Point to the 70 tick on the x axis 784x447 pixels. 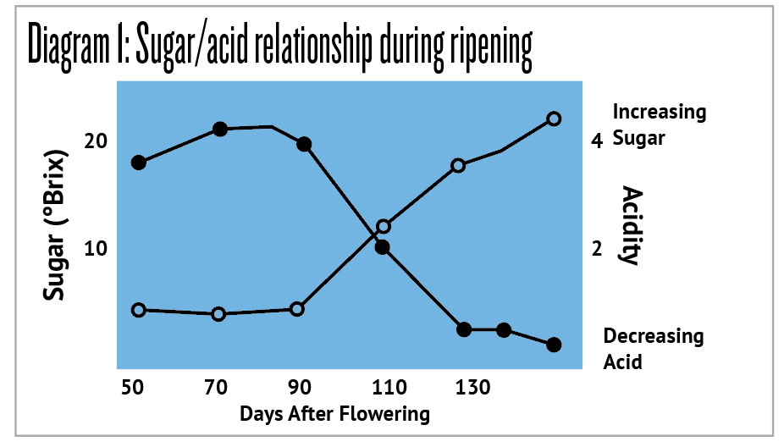[x=216, y=388]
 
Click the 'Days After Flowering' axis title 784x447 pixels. [x=334, y=414]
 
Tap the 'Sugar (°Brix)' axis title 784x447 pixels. [x=56, y=227]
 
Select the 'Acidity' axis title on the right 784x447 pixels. [x=629, y=225]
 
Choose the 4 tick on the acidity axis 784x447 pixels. [x=597, y=141]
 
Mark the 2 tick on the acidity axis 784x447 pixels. [x=597, y=249]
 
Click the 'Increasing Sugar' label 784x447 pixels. [x=659, y=124]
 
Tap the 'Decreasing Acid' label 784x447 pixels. [x=653, y=349]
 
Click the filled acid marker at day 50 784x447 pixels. [x=139, y=162]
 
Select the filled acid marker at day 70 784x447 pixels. [x=220, y=130]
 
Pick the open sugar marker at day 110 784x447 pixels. [x=384, y=226]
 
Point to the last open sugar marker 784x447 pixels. [x=554, y=119]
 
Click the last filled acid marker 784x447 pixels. [x=554, y=345]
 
